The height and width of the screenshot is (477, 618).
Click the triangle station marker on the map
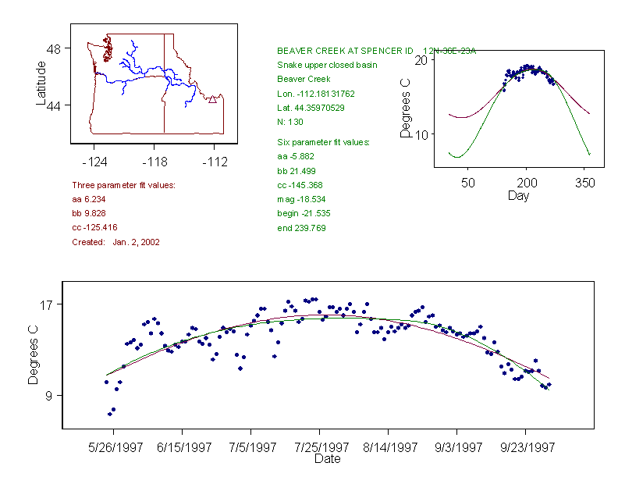(x=212, y=99)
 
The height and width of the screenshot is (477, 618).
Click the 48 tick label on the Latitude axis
(x=54, y=48)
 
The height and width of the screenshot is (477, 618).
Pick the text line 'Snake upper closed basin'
(x=327, y=65)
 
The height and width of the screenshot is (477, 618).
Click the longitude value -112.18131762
(x=316, y=94)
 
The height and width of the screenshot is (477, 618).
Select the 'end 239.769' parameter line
(x=301, y=228)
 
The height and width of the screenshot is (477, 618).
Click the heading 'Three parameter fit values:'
(x=123, y=185)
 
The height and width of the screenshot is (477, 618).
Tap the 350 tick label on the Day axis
(x=584, y=183)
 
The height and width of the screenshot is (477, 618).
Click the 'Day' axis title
(x=518, y=195)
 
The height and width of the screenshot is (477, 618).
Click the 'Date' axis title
(x=327, y=459)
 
